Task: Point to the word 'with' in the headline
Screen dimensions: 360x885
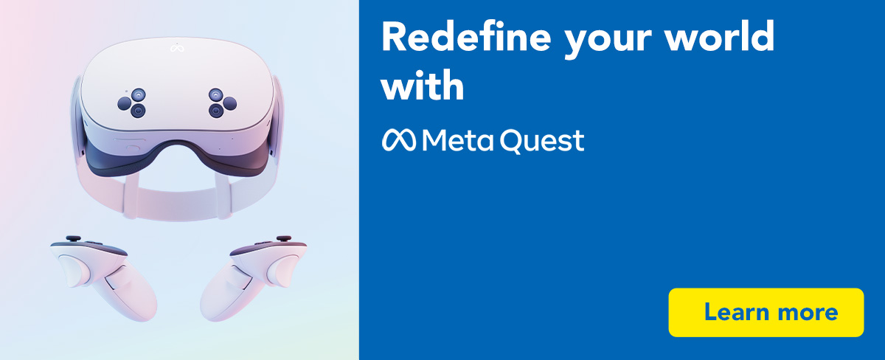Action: (423, 87)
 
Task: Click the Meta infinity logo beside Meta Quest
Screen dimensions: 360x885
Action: (399, 139)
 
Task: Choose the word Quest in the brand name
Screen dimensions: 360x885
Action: (544, 141)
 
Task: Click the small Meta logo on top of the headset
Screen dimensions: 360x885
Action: (176, 49)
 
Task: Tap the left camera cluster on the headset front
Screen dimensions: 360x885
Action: (133, 103)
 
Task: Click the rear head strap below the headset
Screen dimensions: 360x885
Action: (176, 201)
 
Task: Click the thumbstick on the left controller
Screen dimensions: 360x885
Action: (74, 238)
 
